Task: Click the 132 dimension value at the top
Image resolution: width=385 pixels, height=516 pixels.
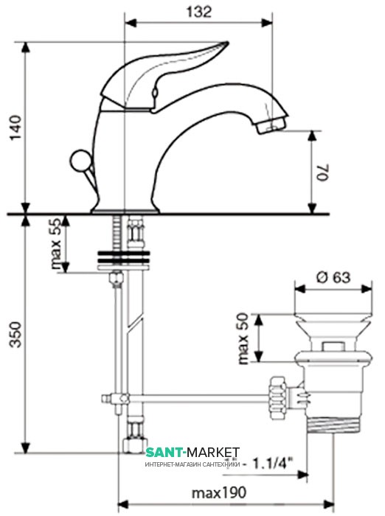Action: pos(199,12)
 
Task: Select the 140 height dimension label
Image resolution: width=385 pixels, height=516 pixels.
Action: pos(15,128)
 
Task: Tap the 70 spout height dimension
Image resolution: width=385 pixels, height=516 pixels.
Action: pos(323,172)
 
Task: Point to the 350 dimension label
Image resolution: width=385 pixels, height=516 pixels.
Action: pos(15,335)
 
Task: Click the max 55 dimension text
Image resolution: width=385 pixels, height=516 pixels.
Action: pos(56,243)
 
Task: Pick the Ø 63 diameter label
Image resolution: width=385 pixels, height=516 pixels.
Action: pos(333,277)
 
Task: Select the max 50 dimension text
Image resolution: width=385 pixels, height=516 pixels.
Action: pos(243,338)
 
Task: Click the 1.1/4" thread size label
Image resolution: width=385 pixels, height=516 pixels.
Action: pos(272,464)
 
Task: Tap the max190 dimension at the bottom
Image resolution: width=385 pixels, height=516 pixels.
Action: pos(219,492)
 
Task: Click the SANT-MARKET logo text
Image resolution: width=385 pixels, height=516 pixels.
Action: pos(192,453)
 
